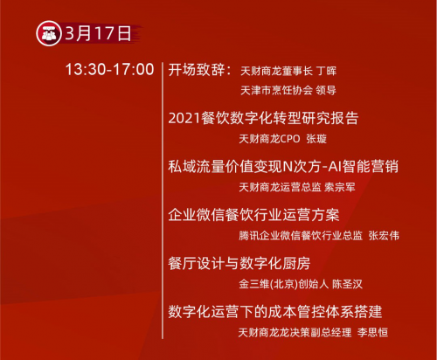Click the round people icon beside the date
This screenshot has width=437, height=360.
click(49, 33)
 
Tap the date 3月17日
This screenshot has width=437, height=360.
click(98, 33)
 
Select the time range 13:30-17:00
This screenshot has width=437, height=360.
click(109, 70)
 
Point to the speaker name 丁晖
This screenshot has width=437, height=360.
click(327, 71)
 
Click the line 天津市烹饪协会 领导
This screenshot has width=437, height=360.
click(288, 90)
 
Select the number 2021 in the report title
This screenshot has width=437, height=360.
click(184, 118)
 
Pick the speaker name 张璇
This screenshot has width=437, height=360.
click(316, 139)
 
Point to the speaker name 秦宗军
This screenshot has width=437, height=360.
click(340, 187)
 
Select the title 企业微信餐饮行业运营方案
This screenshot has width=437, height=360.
click(253, 215)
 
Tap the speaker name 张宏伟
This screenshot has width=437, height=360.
click(384, 236)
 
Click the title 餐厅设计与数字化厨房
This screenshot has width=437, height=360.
click(239, 263)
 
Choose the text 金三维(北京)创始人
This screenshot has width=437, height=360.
click(284, 284)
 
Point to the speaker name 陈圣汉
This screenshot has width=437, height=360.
click(348, 284)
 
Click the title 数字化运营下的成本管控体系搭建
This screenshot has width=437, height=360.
click(275, 312)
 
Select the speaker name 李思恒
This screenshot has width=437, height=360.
click(372, 332)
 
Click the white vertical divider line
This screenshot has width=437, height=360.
click(163, 200)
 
